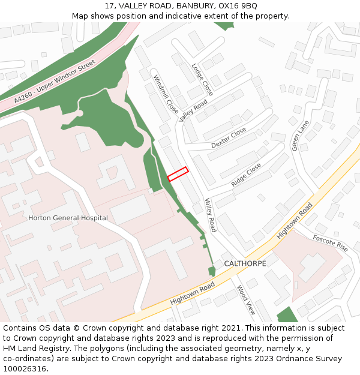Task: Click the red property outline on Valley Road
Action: [x=178, y=174]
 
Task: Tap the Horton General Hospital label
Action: [x=68, y=218]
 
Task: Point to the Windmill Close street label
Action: [x=166, y=95]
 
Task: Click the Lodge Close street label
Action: [x=202, y=79]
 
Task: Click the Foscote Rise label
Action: [x=330, y=243]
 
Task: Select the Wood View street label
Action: [x=246, y=300]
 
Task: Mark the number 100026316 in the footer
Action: [x=25, y=368]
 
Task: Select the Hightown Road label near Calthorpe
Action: [x=295, y=221]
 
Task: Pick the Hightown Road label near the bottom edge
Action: [x=192, y=293]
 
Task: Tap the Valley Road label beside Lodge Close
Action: [x=193, y=110]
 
